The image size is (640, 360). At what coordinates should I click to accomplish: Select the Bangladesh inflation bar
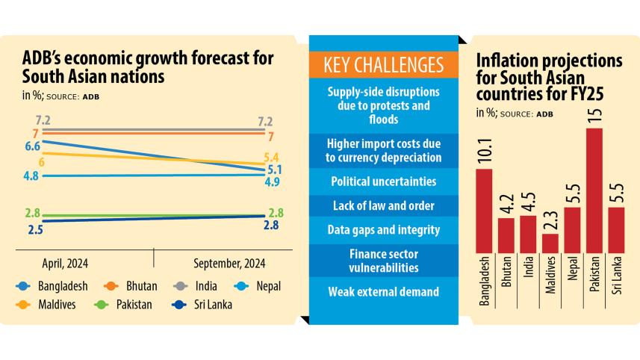pyautogui.click(x=485, y=211)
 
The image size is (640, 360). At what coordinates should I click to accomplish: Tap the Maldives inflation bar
pyautogui.click(x=550, y=243)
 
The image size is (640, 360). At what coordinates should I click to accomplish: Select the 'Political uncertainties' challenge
pyautogui.click(x=383, y=181)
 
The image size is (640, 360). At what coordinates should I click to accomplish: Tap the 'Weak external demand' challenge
pyautogui.click(x=383, y=291)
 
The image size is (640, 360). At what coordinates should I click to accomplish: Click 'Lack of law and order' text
pyautogui.click(x=383, y=205)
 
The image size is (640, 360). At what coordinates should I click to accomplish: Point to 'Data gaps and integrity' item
pyautogui.click(x=383, y=230)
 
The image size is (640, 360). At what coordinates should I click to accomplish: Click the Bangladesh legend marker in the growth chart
pyautogui.click(x=23, y=286)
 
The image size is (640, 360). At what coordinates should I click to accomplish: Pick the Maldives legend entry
pyautogui.click(x=48, y=304)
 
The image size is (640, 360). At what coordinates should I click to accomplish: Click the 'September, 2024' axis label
pyautogui.click(x=229, y=263)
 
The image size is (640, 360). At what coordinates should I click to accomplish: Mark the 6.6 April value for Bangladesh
pyautogui.click(x=32, y=146)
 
